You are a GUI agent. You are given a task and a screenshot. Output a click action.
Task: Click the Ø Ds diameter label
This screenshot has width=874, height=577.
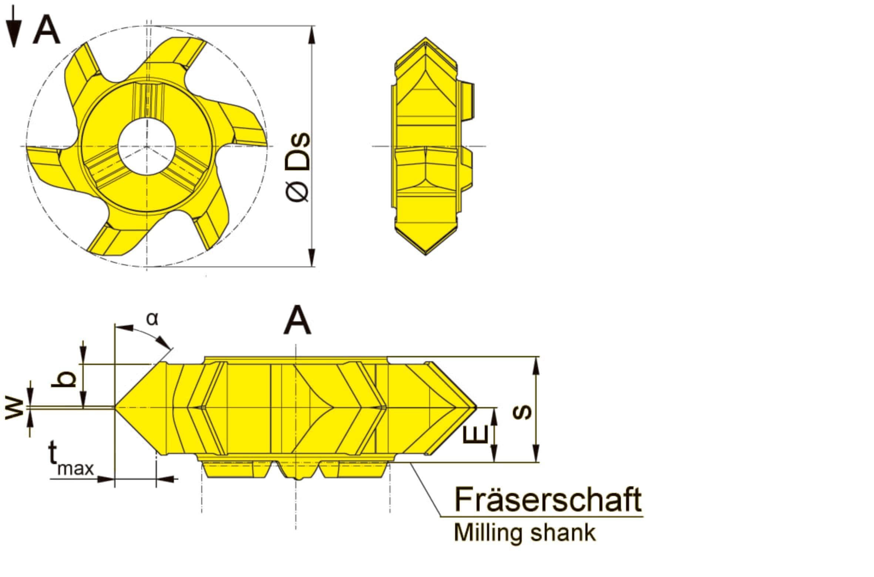298,167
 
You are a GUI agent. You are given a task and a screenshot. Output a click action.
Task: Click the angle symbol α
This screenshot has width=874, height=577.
152,319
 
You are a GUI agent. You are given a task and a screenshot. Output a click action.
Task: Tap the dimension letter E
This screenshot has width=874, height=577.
475,434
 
